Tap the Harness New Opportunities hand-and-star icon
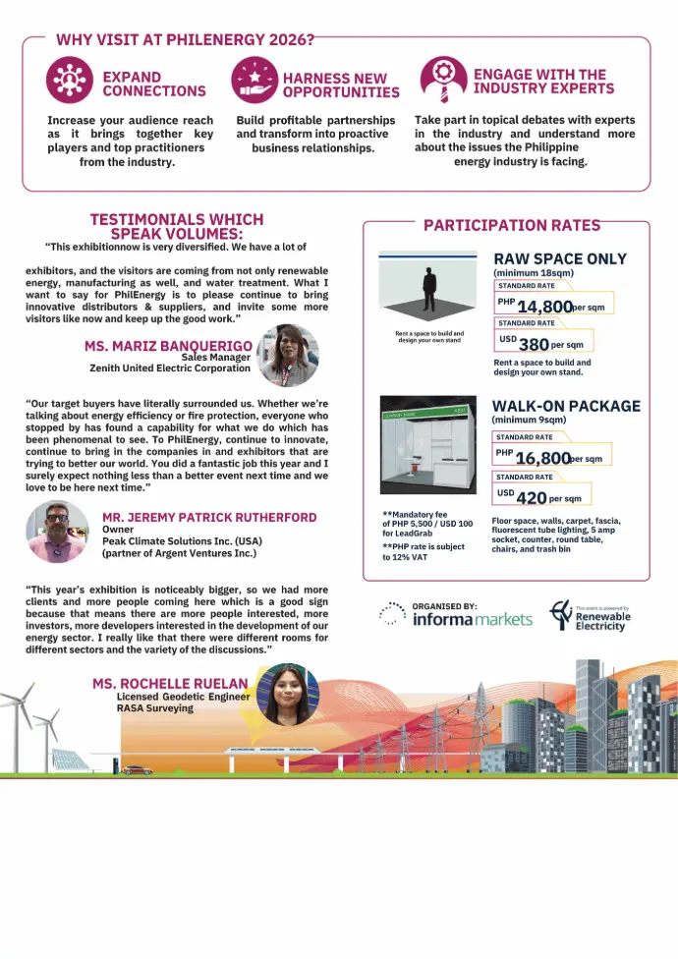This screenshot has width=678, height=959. [254, 82]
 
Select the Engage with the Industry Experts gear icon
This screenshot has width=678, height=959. [443, 79]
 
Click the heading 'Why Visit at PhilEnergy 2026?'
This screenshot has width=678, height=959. [185, 40]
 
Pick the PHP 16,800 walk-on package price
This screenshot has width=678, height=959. [542, 458]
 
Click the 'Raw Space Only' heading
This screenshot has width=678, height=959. [559, 259]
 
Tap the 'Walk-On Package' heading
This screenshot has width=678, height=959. [565, 406]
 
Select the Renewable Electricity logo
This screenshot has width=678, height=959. [591, 616]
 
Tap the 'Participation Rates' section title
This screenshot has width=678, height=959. [511, 225]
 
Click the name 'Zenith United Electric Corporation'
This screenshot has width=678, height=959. [169, 368]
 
